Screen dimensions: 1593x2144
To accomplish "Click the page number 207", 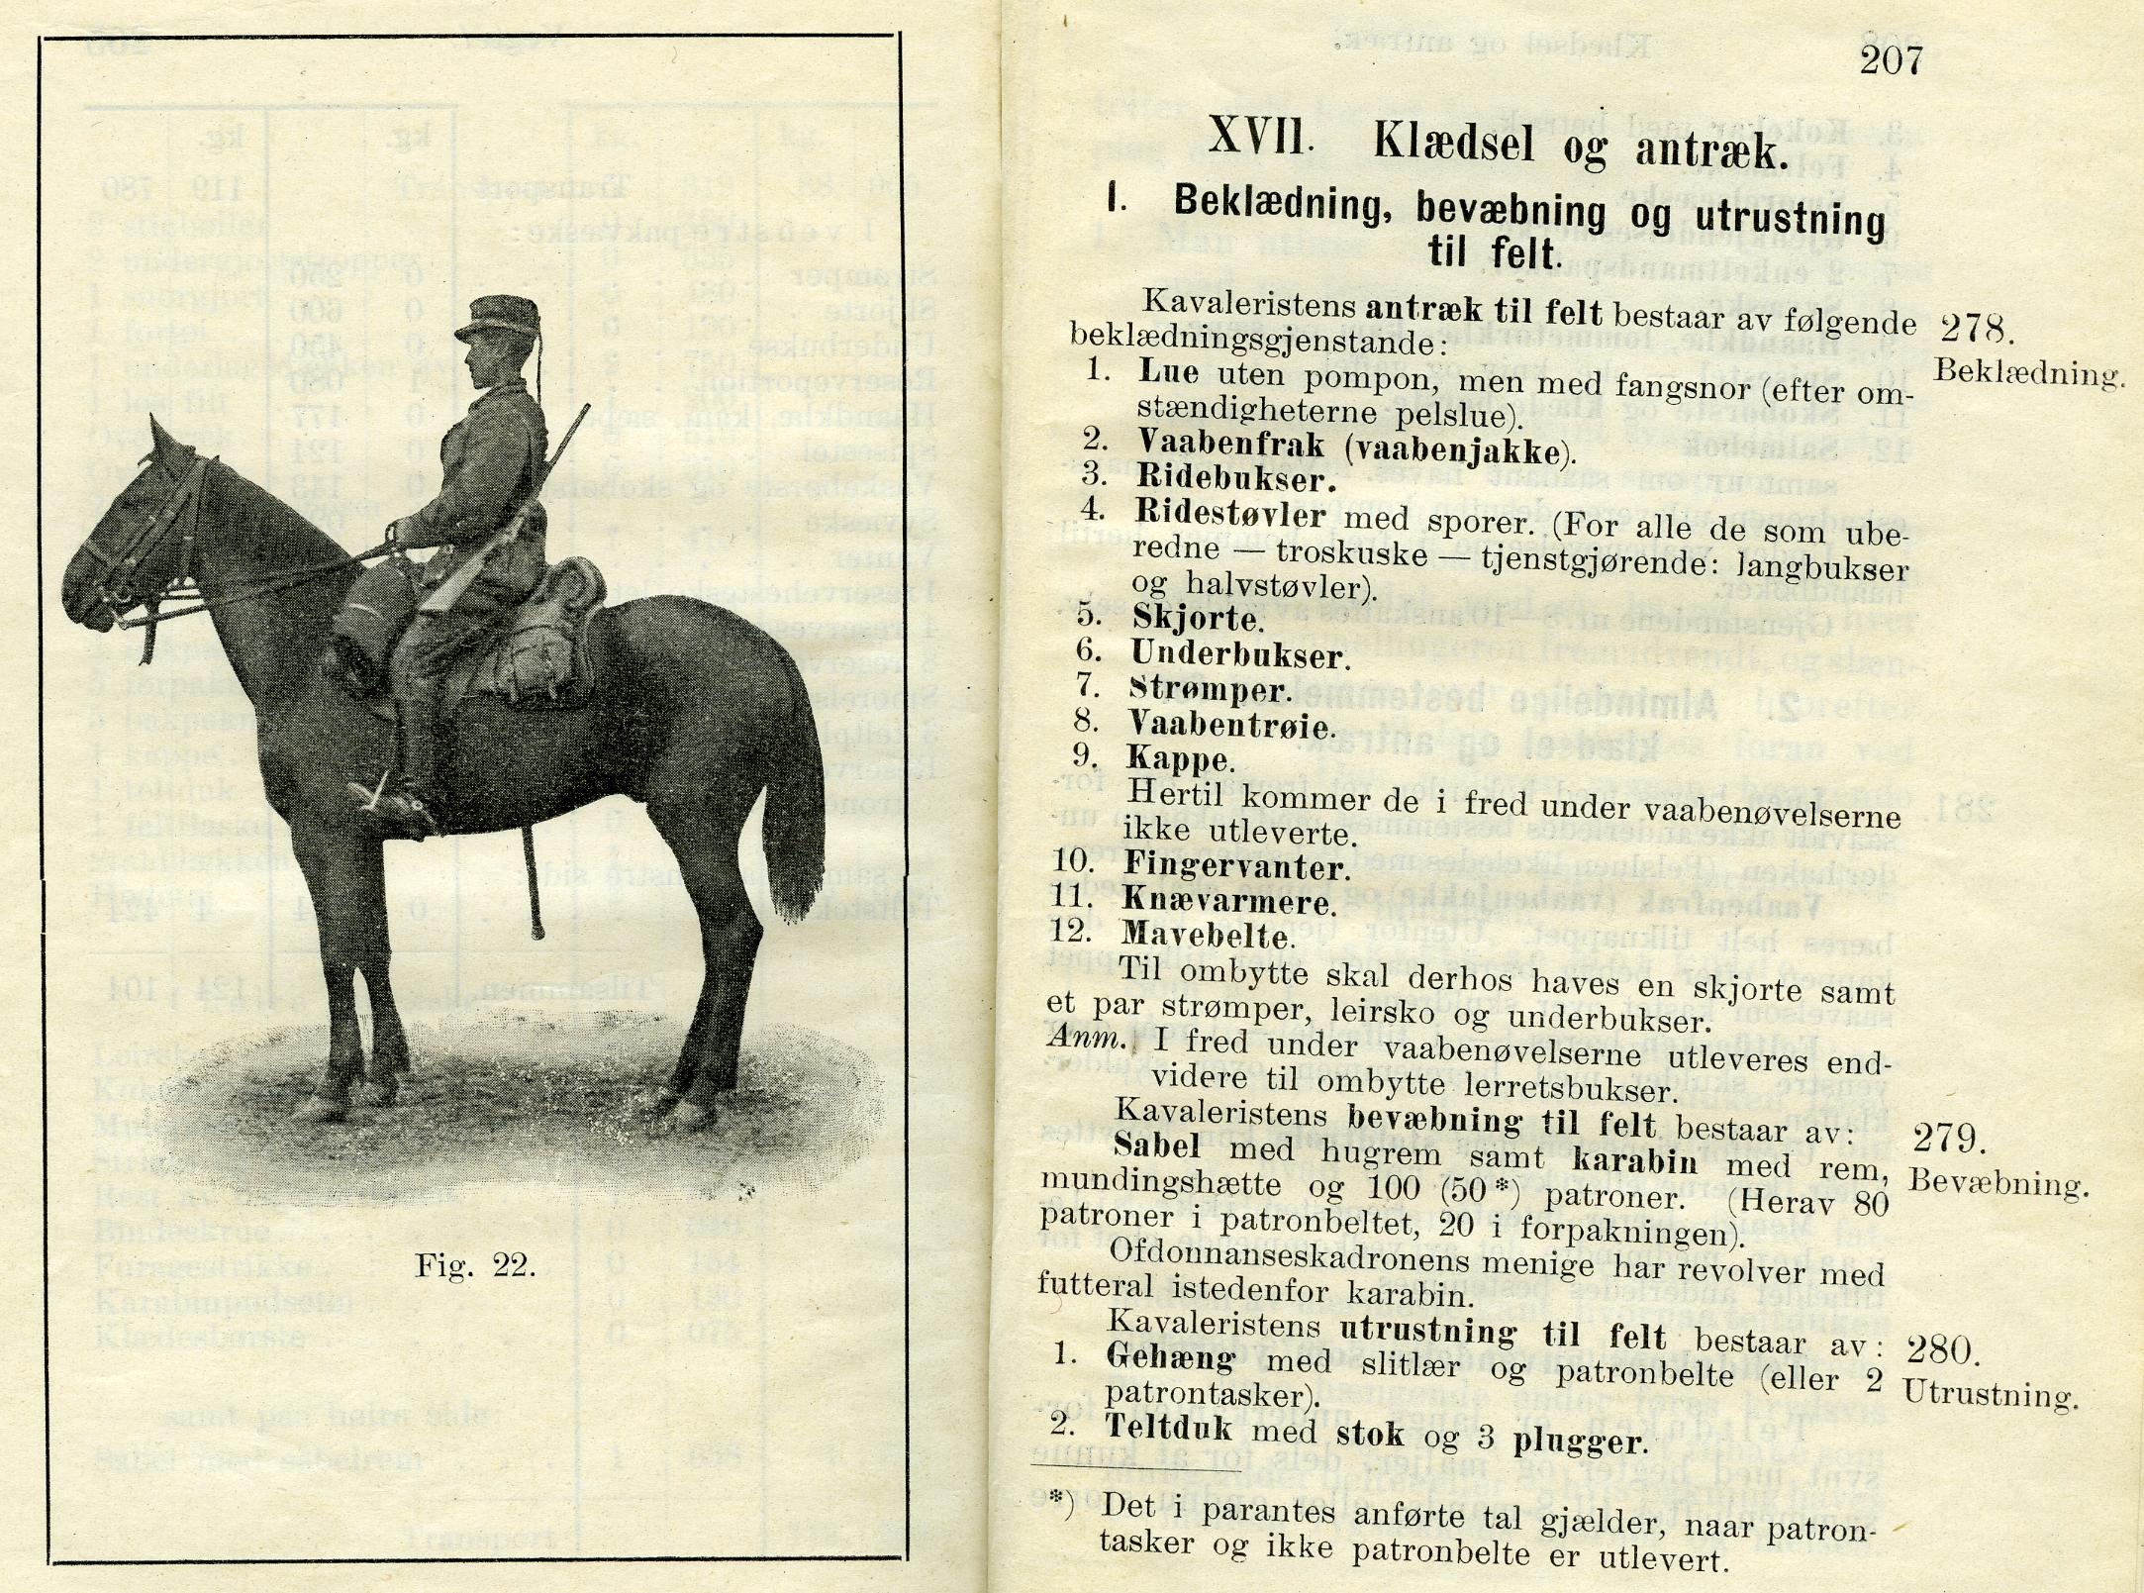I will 1891,61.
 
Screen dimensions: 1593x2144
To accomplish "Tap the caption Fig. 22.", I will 475,1265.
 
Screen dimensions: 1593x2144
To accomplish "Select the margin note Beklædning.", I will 2028,373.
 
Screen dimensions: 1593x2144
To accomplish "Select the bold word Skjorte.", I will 1198,618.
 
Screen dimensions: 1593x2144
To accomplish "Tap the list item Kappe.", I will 1180,759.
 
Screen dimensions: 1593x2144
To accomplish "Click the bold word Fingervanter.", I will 1235,866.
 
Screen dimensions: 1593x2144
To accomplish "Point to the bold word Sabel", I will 1156,1145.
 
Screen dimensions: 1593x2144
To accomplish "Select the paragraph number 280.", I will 1941,1349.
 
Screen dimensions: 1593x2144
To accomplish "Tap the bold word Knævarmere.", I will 1228,901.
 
